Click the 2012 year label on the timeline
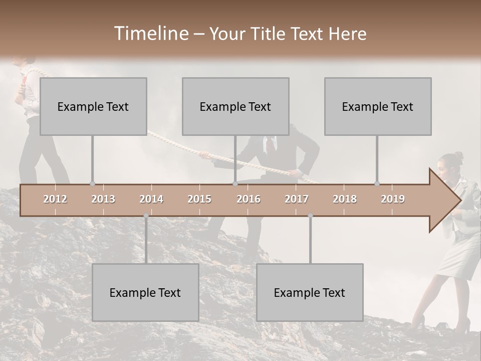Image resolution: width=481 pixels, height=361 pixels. pyautogui.click(x=55, y=199)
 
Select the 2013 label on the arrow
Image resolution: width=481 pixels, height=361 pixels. pyautogui.click(x=103, y=199)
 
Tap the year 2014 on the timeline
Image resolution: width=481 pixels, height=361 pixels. pyautogui.click(x=151, y=199)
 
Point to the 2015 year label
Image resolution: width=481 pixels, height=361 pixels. pyautogui.click(x=199, y=199)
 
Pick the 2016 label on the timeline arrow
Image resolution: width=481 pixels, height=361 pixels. pyautogui.click(x=249, y=199)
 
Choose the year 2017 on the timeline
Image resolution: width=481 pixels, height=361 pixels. pyautogui.click(x=297, y=199)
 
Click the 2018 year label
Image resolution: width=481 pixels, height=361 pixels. pyautogui.click(x=345, y=199)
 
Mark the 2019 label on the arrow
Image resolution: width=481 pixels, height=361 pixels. pyautogui.click(x=393, y=199)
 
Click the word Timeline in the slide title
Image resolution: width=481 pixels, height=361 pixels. pyautogui.click(x=150, y=34)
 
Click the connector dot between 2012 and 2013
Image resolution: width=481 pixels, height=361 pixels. pyautogui.click(x=92, y=184)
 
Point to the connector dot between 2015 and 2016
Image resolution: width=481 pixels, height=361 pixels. pyautogui.click(x=235, y=184)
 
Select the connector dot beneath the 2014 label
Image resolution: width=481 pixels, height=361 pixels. pyautogui.click(x=146, y=216)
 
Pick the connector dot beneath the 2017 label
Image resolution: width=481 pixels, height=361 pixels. pyautogui.click(x=310, y=216)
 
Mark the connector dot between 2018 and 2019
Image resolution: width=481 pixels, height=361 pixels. pyautogui.click(x=377, y=184)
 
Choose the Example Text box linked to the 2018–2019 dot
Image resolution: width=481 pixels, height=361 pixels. pyautogui.click(x=378, y=106)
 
